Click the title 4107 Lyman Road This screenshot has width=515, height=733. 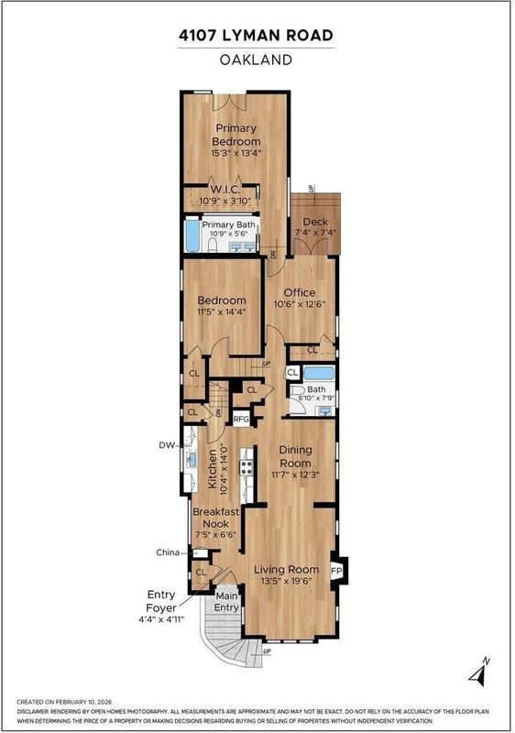click(256, 36)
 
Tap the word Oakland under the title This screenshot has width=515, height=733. click(256, 60)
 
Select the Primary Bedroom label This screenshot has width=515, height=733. click(236, 135)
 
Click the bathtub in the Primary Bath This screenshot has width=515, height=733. click(192, 235)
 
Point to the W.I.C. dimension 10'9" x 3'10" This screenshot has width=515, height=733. click(225, 202)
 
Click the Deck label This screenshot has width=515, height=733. click(315, 222)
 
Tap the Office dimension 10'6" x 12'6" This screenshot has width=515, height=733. click(300, 304)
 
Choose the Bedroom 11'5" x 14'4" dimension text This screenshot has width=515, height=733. click(222, 312)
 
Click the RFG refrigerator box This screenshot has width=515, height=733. click(241, 419)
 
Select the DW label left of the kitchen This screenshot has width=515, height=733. click(167, 445)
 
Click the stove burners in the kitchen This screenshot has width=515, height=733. click(247, 467)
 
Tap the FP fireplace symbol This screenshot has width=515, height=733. click(337, 571)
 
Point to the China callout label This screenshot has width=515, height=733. click(168, 552)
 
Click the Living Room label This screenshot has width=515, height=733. click(287, 569)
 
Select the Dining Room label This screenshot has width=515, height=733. click(295, 456)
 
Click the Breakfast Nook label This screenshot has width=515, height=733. click(216, 518)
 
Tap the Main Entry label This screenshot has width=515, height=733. click(226, 602)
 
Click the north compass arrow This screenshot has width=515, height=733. click(479, 672)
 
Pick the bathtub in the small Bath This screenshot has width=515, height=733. click(319, 374)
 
